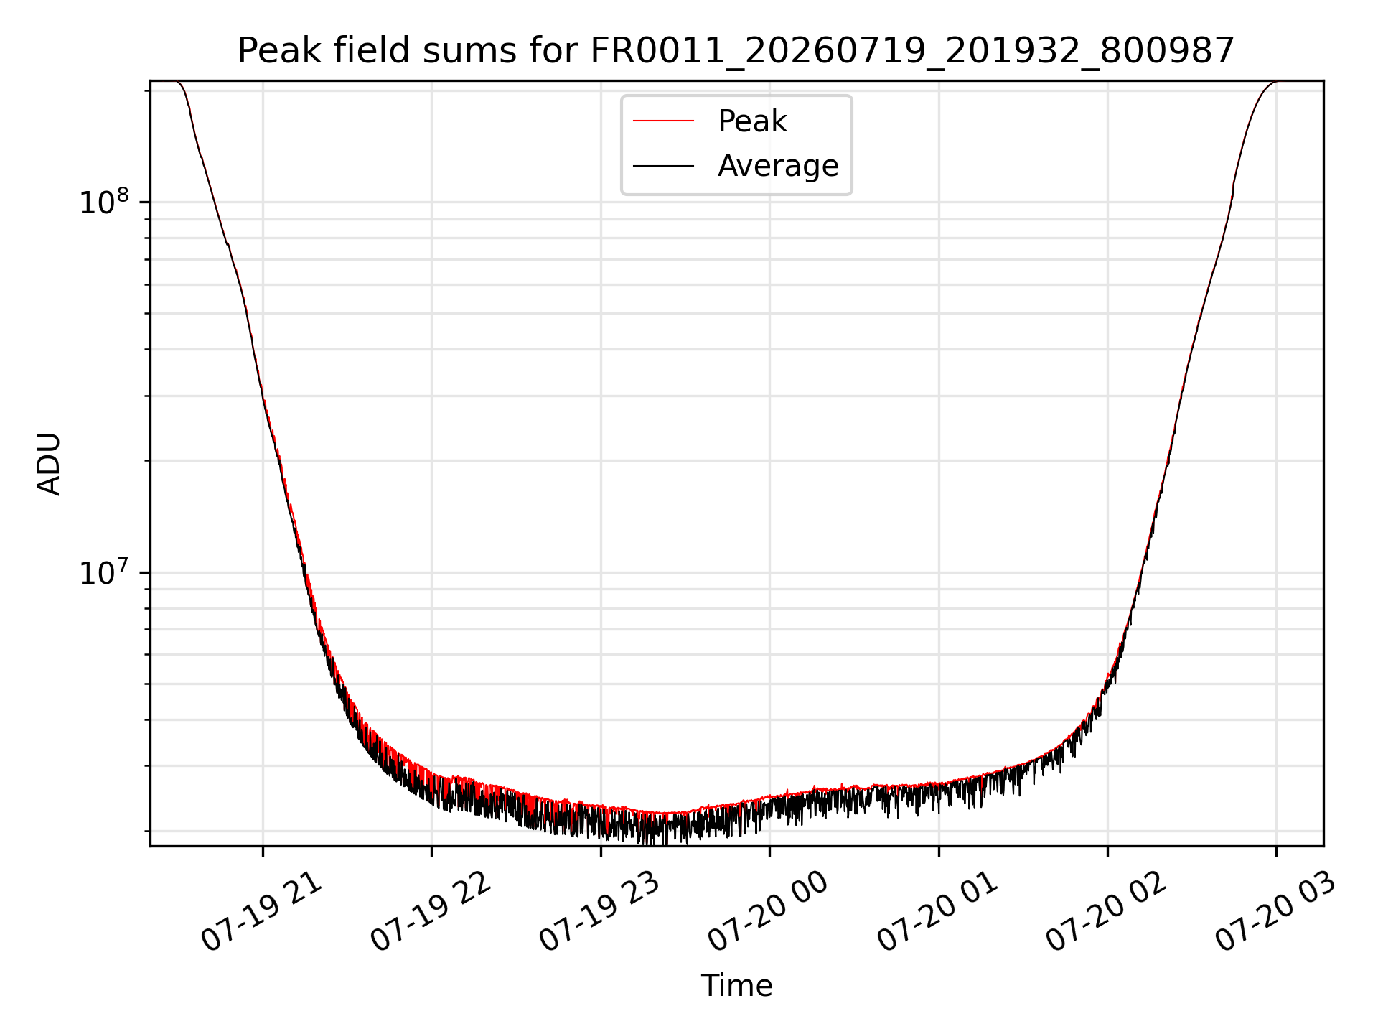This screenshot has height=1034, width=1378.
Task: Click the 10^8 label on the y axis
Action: coord(103,202)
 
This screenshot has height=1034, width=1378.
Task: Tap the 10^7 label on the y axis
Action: coord(103,572)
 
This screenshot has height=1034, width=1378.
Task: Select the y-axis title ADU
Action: coord(49,464)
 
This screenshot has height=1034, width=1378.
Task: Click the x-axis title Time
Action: coord(737,986)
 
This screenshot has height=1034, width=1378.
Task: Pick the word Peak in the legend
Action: coord(752,121)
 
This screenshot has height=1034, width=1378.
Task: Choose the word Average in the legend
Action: coord(778,166)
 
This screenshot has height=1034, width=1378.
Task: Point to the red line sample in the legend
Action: coord(664,121)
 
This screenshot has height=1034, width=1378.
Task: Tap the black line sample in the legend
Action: coord(664,166)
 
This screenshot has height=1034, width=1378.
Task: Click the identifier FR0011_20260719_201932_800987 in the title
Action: coord(912,52)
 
